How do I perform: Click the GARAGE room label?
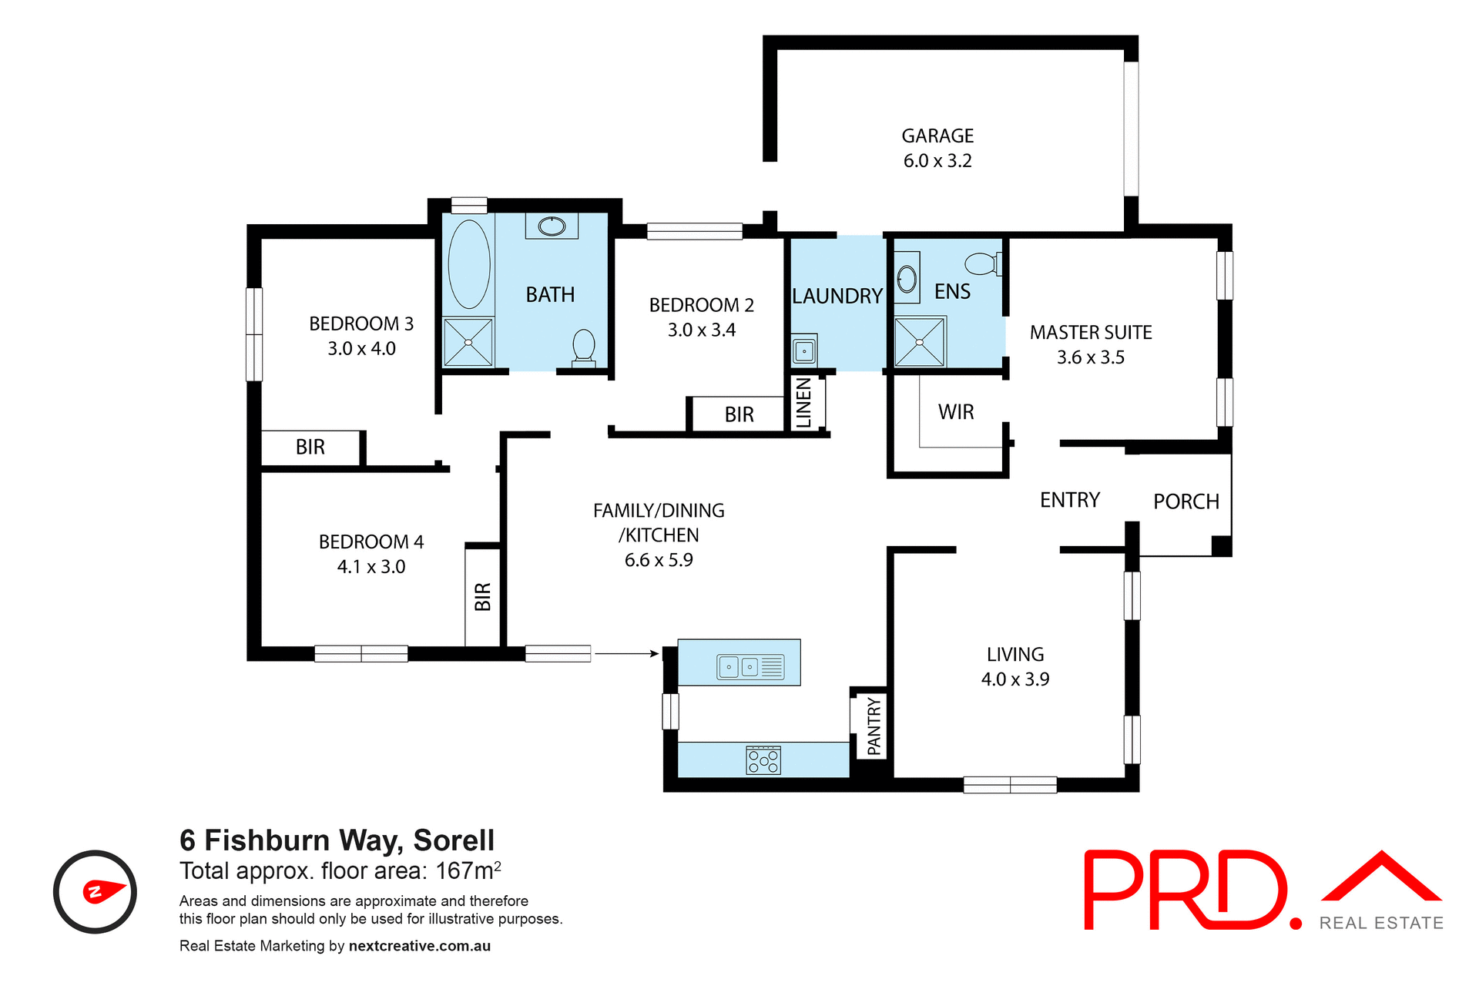[x=937, y=136]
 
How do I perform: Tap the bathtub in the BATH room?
[x=468, y=264]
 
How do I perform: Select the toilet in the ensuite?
[x=982, y=264]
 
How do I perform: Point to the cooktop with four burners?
[x=763, y=760]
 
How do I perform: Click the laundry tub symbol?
[x=804, y=351]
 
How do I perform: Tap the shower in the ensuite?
[x=919, y=342]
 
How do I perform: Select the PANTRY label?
[x=874, y=726]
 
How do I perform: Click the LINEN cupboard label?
[x=803, y=403]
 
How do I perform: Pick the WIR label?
[x=956, y=412]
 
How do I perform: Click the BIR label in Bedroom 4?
[x=483, y=597]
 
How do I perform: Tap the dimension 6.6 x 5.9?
[x=659, y=560]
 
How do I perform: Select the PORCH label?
[x=1186, y=501]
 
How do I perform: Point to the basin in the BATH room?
[x=552, y=226]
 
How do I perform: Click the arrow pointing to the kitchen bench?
[x=626, y=654]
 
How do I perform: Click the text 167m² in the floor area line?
[x=468, y=871]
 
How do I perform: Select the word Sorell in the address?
[x=454, y=840]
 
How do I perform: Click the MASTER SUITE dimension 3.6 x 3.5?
[x=1090, y=357]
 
